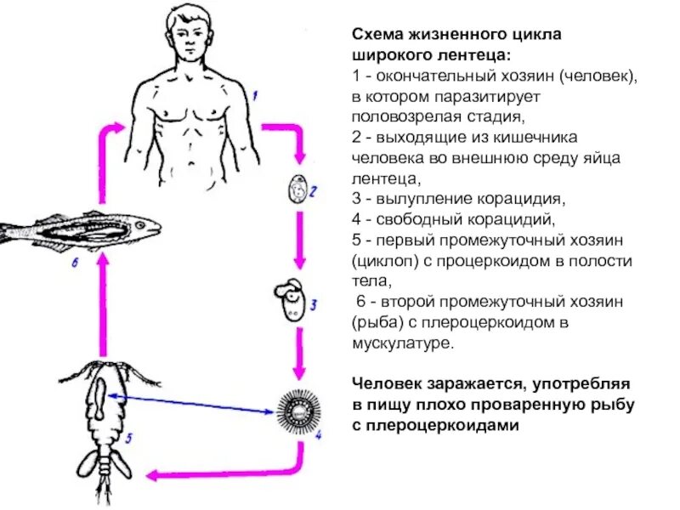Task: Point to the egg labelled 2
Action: [297, 189]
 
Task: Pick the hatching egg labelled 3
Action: [290, 299]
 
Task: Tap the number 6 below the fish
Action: [74, 263]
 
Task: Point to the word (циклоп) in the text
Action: [385, 261]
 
